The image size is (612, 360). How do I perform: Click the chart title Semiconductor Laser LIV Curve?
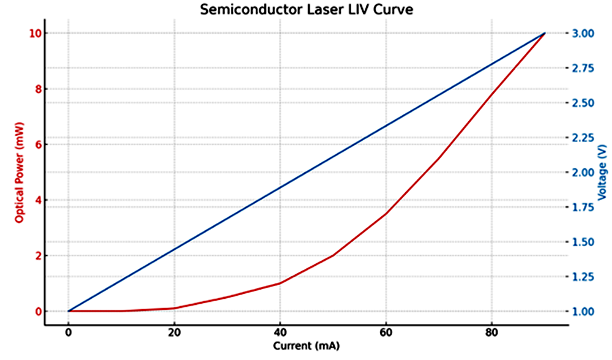coord(306,10)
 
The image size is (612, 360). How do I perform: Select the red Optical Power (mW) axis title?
coord(19,172)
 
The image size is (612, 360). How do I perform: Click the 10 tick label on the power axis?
coord(35,33)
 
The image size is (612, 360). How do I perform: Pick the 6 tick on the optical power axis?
coord(38,144)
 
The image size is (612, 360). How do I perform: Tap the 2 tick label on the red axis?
coord(38,256)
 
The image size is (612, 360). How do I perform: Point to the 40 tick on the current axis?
coord(280,332)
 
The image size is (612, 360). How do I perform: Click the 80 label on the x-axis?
coord(491,332)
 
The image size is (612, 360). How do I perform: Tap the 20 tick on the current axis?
coord(174,332)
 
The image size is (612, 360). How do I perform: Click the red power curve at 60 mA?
coord(386,214)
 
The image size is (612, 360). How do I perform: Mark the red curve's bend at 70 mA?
coord(439,158)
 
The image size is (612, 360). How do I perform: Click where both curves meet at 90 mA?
coord(544,33)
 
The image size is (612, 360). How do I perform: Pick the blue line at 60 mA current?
coord(386,126)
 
